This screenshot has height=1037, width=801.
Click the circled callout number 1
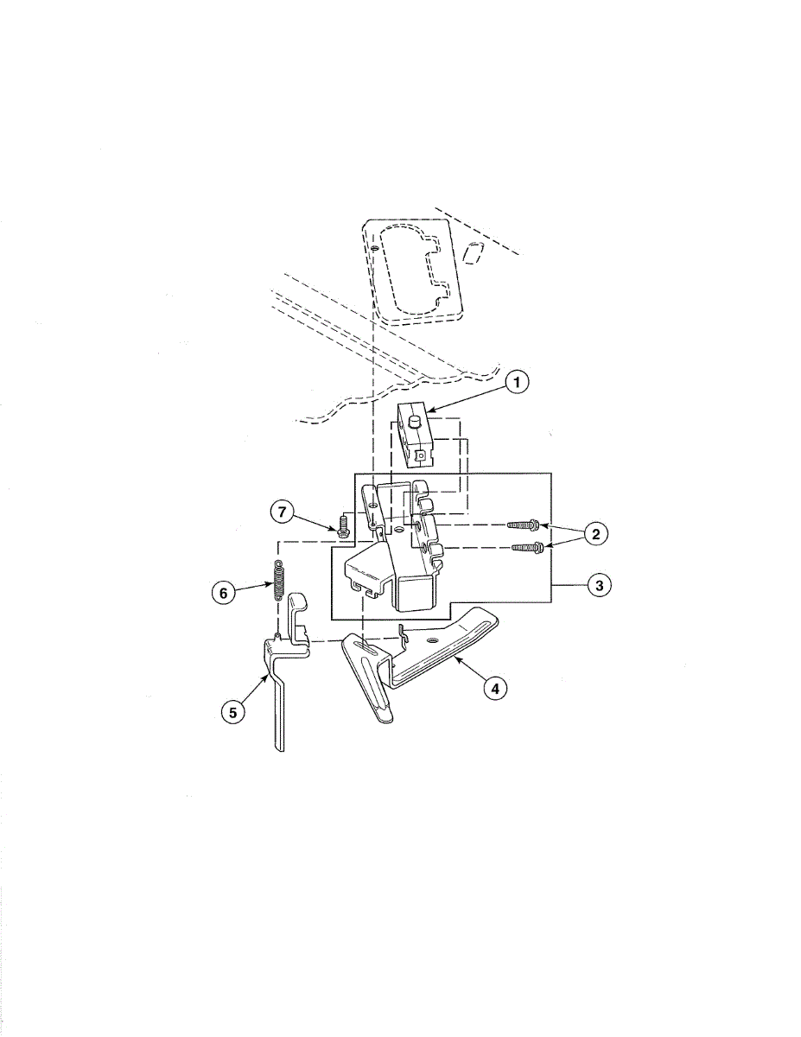click(x=517, y=382)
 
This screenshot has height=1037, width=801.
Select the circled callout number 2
click(x=595, y=534)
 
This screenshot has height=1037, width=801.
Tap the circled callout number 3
click(x=599, y=585)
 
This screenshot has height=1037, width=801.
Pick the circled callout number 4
click(x=495, y=688)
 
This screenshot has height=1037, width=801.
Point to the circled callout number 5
click(x=232, y=712)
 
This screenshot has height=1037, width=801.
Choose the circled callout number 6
click(x=224, y=593)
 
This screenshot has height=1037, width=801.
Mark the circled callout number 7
click(x=283, y=512)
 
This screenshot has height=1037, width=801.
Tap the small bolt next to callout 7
click(x=341, y=526)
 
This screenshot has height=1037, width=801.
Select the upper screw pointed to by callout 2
click(x=524, y=525)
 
